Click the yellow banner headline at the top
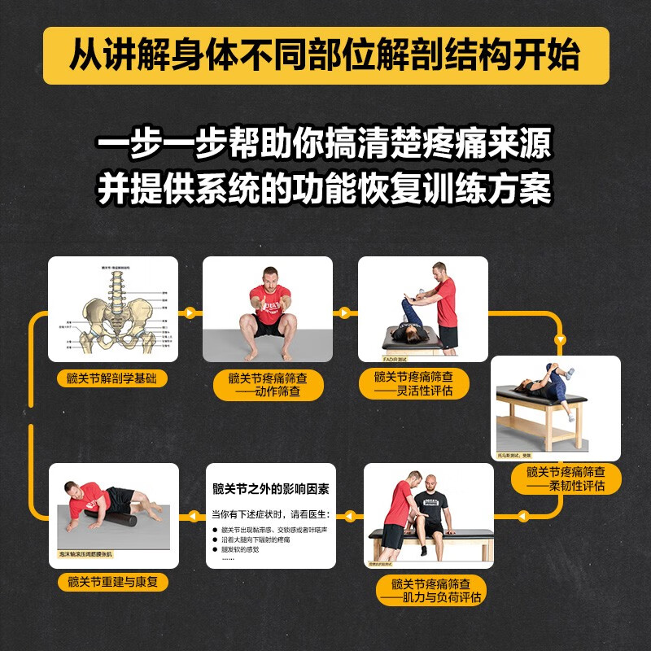pos(325,55)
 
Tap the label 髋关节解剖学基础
pos(113,377)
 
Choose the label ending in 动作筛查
pos(268,385)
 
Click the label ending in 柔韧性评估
pos(566,478)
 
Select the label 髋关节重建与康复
pos(113,583)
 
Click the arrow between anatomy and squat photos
pos(190,312)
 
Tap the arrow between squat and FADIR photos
pos(345,312)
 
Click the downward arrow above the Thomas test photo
pos(560,339)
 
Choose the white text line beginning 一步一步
pos(325,146)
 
